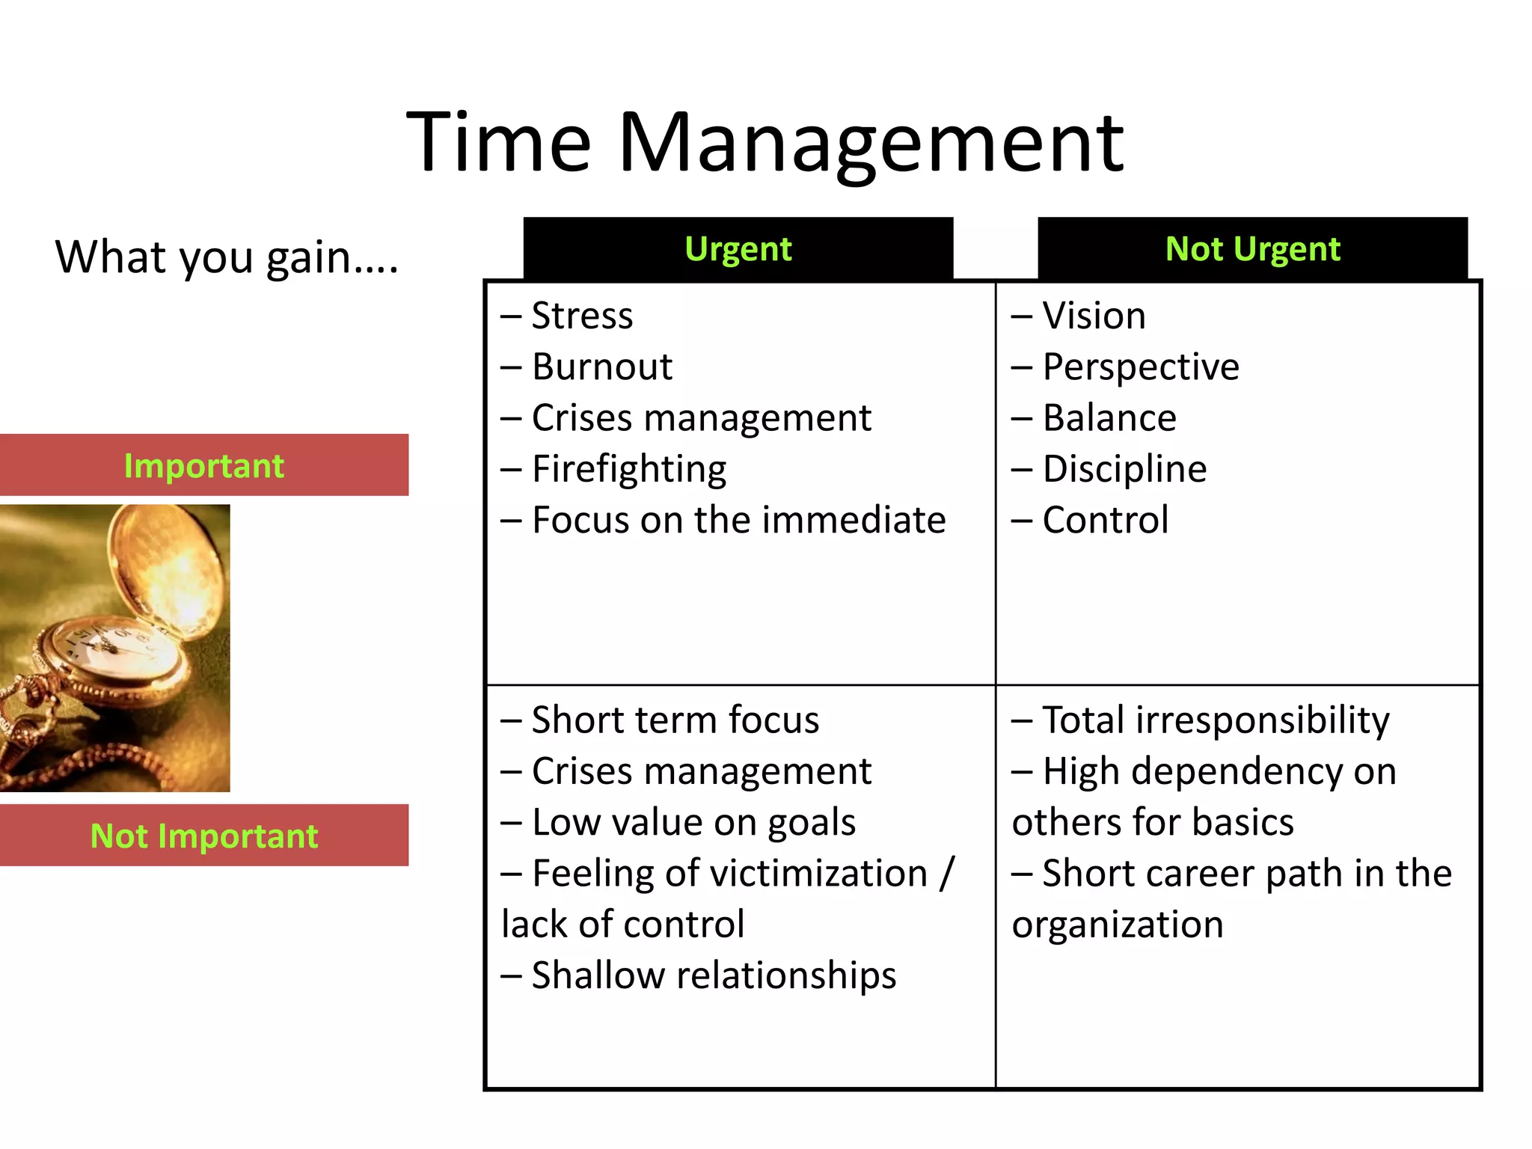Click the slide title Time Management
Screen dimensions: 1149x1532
tap(765, 142)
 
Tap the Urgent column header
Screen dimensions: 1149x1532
tap(738, 249)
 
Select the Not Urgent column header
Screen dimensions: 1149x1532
tap(1252, 249)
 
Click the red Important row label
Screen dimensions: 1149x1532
tap(203, 465)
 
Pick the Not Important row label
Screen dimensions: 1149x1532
tap(203, 836)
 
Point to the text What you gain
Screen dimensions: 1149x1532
tap(226, 257)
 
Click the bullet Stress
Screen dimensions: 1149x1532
tap(581, 316)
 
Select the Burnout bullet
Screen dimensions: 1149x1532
tap(601, 367)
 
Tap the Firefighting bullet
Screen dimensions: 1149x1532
tap(628, 469)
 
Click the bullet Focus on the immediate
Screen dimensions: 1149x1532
tap(738, 520)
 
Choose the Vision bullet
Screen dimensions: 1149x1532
tap(1093, 316)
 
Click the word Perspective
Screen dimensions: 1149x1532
tap(1140, 367)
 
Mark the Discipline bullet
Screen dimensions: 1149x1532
tap(1124, 469)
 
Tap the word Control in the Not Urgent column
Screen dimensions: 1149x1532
tap(1105, 520)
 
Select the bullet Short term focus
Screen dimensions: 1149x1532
tap(675, 720)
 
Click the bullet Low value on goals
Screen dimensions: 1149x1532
tap(693, 822)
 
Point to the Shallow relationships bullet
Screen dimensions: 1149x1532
tap(713, 975)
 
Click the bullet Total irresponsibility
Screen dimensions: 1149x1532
tap(1215, 720)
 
